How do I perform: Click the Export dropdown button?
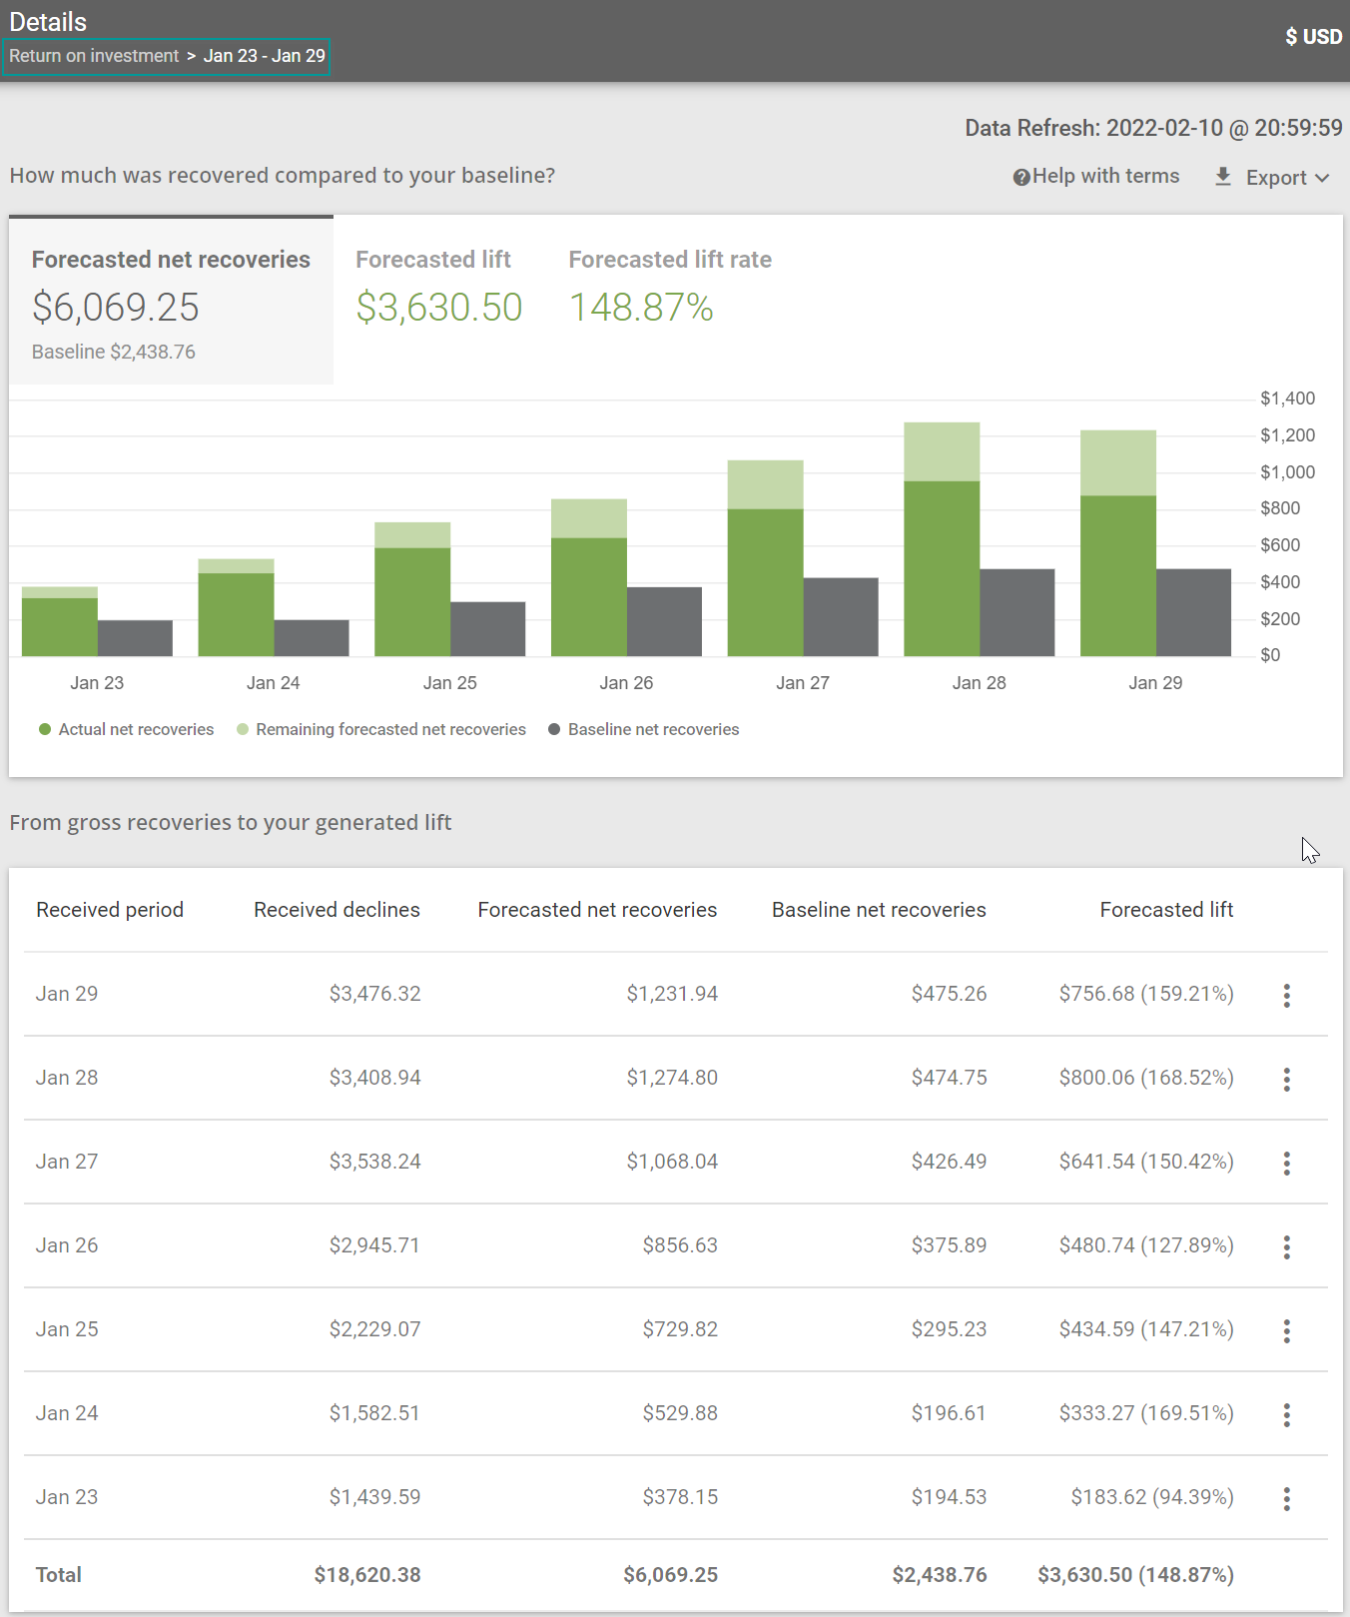point(1274,178)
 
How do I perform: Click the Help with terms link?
point(1096,177)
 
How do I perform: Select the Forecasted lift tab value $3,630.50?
point(438,308)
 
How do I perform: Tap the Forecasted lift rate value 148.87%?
point(641,308)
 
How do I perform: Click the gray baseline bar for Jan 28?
point(1016,612)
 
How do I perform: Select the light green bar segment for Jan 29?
point(1117,462)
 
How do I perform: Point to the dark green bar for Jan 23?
point(59,627)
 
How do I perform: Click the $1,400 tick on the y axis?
point(1286,399)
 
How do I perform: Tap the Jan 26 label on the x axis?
point(626,683)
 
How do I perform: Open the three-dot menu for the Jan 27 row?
point(1286,1163)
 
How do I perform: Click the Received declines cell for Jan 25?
point(374,1329)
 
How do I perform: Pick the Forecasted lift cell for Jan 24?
point(1145,1413)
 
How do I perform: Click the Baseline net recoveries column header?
point(878,910)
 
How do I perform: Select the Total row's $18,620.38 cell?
point(366,1575)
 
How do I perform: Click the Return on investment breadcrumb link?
point(94,56)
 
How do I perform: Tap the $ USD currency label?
point(1313,37)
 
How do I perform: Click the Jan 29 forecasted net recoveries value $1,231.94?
point(671,994)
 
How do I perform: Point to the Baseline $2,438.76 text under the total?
point(113,352)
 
